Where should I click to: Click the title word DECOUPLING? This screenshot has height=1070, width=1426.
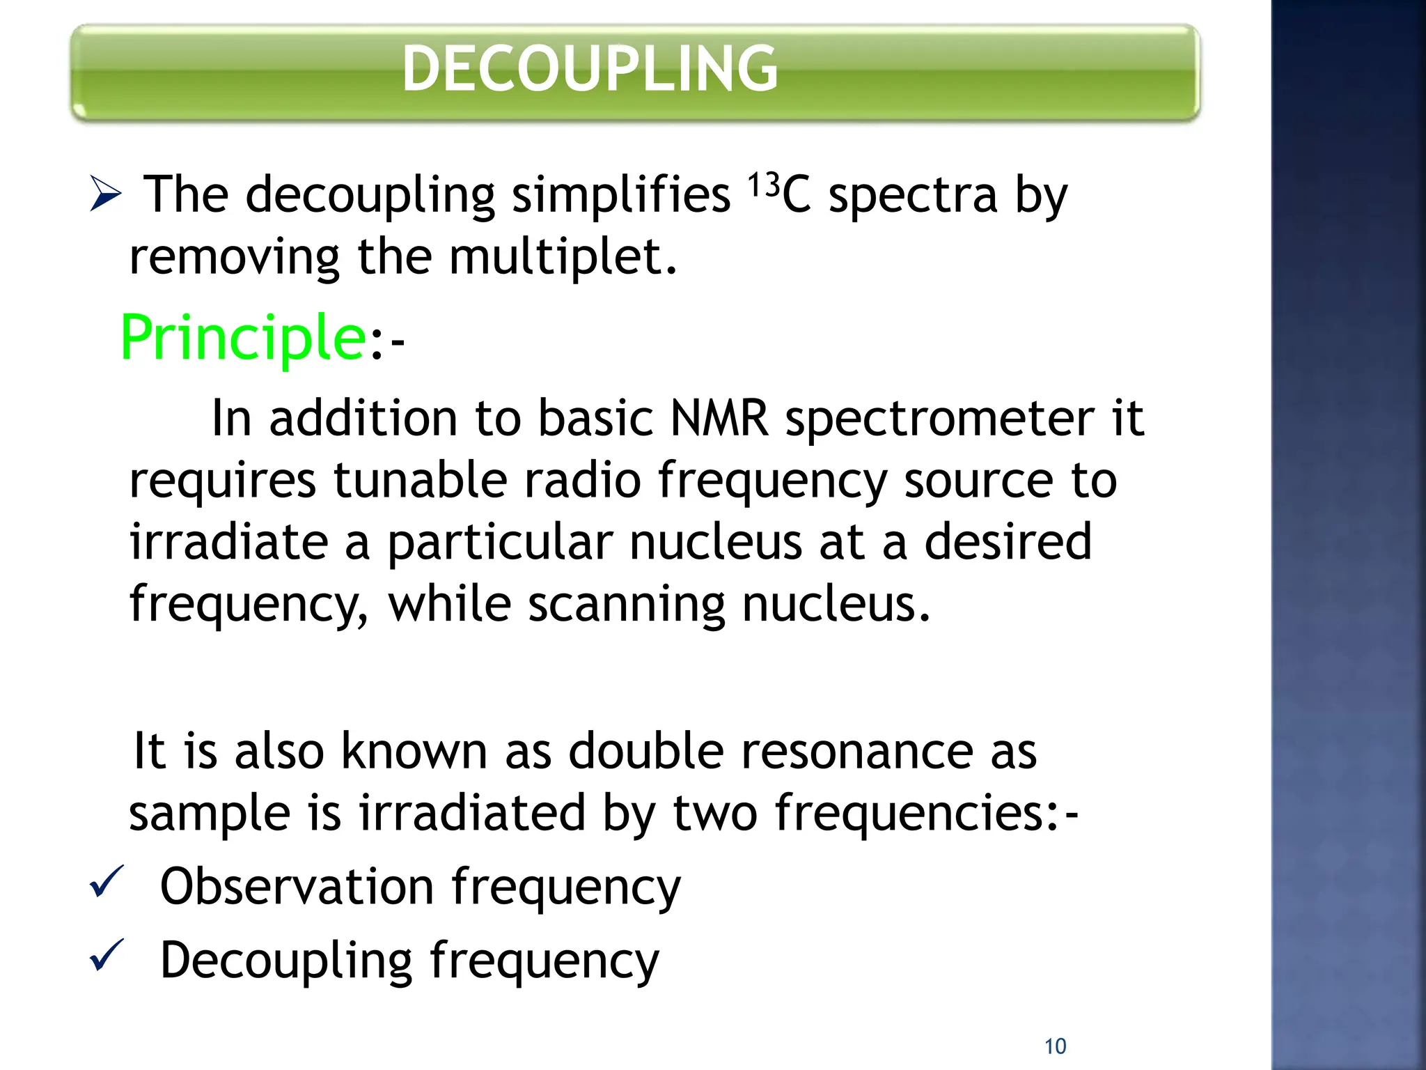tap(590, 68)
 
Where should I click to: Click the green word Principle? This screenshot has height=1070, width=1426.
tap(243, 338)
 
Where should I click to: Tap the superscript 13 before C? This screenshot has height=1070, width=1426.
tap(764, 185)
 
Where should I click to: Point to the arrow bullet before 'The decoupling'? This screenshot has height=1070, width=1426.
tap(106, 194)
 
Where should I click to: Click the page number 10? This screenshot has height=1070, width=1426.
tap(1055, 1046)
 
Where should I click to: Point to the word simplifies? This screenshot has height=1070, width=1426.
tap(621, 195)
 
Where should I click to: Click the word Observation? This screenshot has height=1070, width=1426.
tap(297, 887)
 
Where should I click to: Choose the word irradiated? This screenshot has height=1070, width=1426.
tap(472, 813)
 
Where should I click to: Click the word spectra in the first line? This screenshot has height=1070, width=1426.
tap(913, 196)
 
